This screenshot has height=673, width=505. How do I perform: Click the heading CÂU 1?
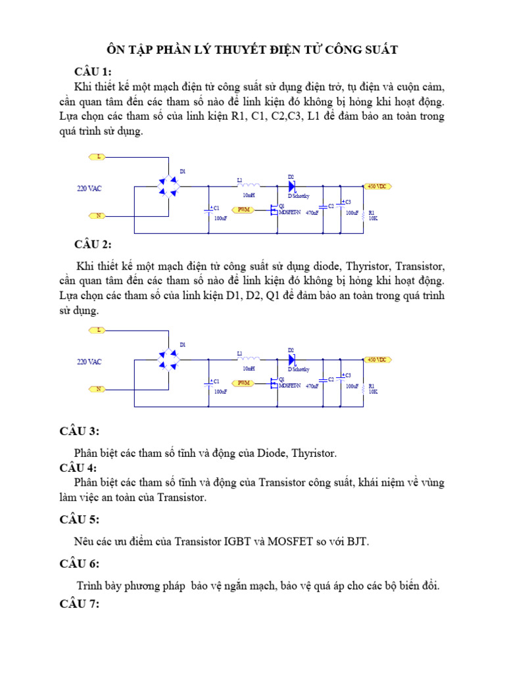(x=93, y=72)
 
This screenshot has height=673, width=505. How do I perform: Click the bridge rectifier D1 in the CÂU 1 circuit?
(x=170, y=186)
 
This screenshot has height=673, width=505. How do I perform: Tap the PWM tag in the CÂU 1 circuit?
(x=243, y=210)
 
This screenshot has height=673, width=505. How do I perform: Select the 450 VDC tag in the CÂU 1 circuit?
(x=379, y=186)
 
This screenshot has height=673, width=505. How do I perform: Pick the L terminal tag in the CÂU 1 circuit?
(x=98, y=157)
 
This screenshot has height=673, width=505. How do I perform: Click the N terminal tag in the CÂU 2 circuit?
(x=98, y=388)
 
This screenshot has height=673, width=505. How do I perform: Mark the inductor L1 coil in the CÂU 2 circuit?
(x=248, y=359)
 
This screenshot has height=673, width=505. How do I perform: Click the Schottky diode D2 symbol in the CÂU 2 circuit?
(x=291, y=360)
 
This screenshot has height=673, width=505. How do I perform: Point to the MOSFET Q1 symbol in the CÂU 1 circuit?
(x=272, y=210)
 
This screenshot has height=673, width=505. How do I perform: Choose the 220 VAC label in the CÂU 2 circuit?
(x=89, y=362)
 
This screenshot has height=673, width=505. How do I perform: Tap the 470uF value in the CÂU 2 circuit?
(x=312, y=386)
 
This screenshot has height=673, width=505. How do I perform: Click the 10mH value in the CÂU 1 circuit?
(x=249, y=195)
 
